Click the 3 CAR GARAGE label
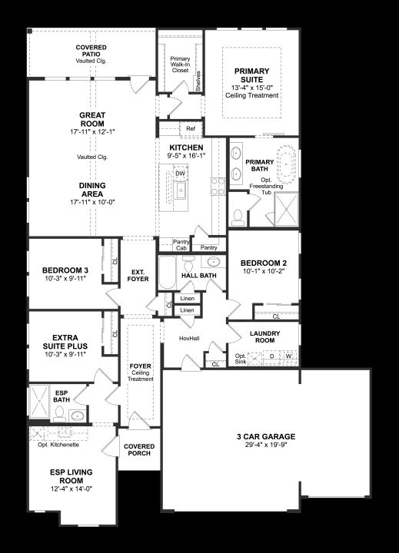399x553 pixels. [266, 436]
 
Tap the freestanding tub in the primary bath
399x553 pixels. [286, 164]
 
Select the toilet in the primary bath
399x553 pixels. [238, 217]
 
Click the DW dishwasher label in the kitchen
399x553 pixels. [180, 174]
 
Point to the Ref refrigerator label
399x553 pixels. [191, 129]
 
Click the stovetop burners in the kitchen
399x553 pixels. [218, 186]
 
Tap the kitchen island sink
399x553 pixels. [181, 190]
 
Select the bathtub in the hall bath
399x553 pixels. [168, 273]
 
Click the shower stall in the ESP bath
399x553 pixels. [39, 402]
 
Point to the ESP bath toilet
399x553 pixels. [59, 414]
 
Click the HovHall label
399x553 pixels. [189, 339]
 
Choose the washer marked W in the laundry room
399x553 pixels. [289, 356]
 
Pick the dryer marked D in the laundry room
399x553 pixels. [272, 356]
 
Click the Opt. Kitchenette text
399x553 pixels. [58, 445]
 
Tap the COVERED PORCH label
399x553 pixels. [139, 449]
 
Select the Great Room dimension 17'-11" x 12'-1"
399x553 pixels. [92, 132]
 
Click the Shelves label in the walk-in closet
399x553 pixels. [198, 81]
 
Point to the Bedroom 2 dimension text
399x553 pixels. [264, 271]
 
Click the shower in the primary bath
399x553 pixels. [286, 209]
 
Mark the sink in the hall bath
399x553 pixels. [213, 262]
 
